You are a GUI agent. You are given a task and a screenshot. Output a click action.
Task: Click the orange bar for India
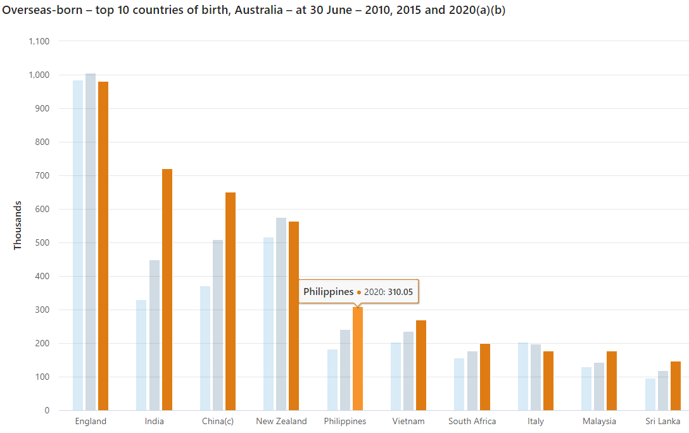pyautogui.click(x=167, y=290)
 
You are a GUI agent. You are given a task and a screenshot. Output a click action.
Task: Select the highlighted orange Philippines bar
pyautogui.click(x=358, y=358)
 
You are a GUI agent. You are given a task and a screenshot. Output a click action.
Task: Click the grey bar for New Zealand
pyautogui.click(x=281, y=314)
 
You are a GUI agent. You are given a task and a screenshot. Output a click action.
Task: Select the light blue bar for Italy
pyautogui.click(x=523, y=377)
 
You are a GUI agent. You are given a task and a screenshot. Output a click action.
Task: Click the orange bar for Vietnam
pyautogui.click(x=421, y=365)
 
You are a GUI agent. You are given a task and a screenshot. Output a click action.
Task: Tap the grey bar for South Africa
pyautogui.click(x=472, y=381)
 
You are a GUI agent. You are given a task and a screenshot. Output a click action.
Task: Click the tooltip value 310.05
pyautogui.click(x=400, y=292)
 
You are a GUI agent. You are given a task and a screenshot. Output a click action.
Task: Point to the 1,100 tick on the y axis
pyautogui.click(x=39, y=41)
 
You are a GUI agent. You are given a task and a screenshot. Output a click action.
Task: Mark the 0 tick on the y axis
pyautogui.click(x=47, y=410)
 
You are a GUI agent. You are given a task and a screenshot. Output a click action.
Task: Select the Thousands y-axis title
pyautogui.click(x=18, y=225)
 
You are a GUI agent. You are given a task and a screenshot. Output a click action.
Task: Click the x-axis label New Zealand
pyautogui.click(x=281, y=421)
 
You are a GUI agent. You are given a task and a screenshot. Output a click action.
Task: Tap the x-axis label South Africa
pyautogui.click(x=472, y=421)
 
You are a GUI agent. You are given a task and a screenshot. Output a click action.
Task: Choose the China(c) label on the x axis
pyautogui.click(x=218, y=421)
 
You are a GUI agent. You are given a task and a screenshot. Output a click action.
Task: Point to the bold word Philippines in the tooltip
pyautogui.click(x=328, y=292)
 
